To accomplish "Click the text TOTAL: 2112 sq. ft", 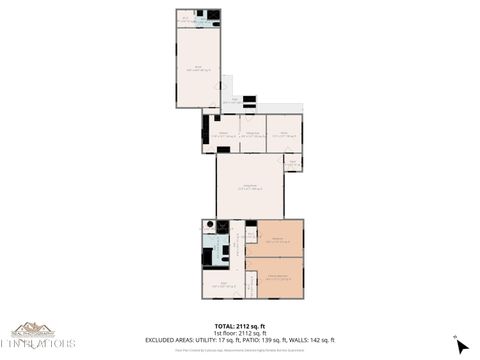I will point(240,326).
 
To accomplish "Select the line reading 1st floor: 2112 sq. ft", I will point(240,333).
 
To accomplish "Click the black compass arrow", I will point(461,346).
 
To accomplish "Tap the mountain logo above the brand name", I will point(33,328).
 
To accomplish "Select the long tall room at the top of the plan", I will point(198,67).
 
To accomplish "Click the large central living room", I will point(250,185).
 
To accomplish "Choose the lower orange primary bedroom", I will point(274,276).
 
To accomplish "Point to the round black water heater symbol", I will point(209,226).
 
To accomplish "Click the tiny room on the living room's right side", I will point(293,162).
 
